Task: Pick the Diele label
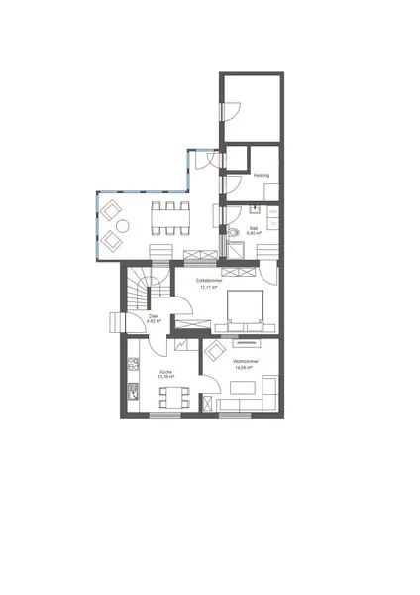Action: tap(154, 317)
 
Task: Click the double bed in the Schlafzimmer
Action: tap(245, 308)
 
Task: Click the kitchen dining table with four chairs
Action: tap(173, 399)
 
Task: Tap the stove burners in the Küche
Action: tap(130, 374)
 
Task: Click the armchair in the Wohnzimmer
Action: tap(214, 351)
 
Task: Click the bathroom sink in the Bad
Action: tap(256, 211)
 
